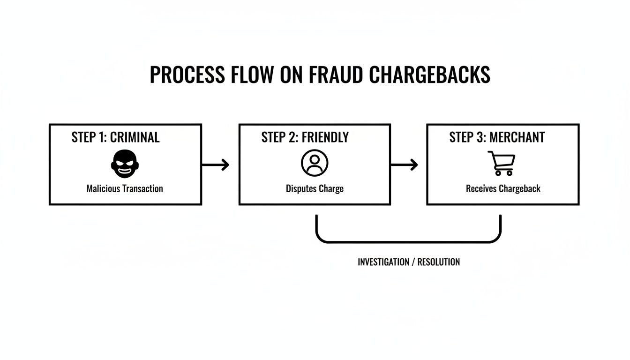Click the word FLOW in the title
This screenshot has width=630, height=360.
257,75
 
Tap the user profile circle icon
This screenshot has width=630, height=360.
315,163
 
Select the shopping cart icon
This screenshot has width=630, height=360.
502,163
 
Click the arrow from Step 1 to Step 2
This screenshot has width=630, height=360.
216,165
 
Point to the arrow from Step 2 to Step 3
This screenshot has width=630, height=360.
404,165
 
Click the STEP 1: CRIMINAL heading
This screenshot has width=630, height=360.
115,137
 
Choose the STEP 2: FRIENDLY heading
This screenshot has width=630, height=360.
305,137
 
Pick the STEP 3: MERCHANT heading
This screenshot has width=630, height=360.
497,137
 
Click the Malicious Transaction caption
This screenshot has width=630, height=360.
125,189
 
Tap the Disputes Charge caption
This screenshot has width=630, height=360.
315,189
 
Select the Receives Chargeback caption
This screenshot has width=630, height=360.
503,189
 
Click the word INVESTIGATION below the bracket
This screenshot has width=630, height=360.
383,262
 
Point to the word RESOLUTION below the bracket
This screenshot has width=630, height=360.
439,262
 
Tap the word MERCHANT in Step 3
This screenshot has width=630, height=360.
517,137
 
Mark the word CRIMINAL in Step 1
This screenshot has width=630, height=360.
135,137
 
